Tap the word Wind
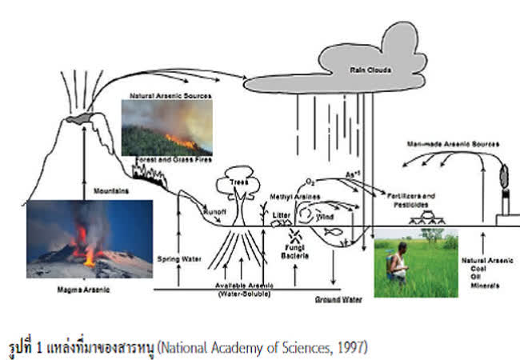tap(322, 215)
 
